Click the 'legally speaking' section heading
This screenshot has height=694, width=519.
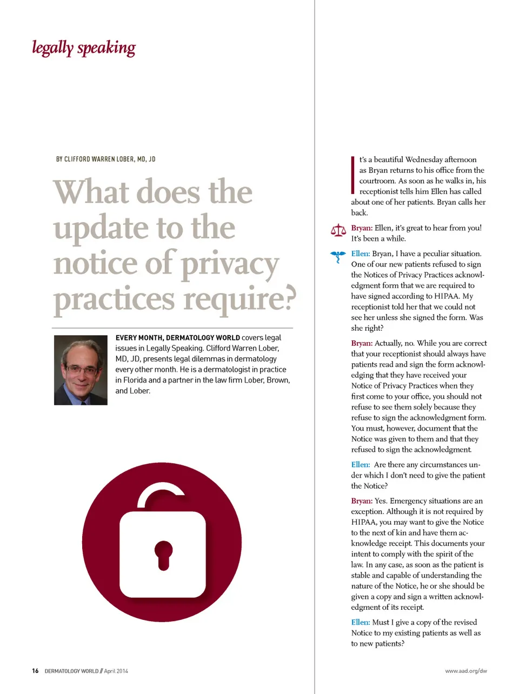pyautogui.click(x=84, y=48)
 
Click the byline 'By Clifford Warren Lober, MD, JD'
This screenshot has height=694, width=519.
pyautogui.click(x=105, y=159)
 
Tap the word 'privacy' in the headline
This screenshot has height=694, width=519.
pyautogui.click(x=230, y=264)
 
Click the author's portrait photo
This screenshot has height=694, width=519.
pyautogui.click(x=81, y=370)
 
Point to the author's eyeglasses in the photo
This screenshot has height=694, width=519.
pyautogui.click(x=81, y=370)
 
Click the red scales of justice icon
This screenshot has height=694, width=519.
pyautogui.click(x=338, y=231)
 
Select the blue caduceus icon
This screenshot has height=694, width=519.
pyautogui.click(x=338, y=256)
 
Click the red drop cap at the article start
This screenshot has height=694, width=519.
pyautogui.click(x=353, y=175)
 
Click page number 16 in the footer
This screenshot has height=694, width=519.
pyautogui.click(x=35, y=671)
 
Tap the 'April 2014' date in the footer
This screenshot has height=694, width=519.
pyautogui.click(x=116, y=671)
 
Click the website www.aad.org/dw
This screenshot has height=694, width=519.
pyautogui.click(x=466, y=671)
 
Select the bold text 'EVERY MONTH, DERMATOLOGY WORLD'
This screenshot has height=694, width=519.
pyautogui.click(x=177, y=338)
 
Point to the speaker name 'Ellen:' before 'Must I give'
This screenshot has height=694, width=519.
pyautogui.click(x=361, y=622)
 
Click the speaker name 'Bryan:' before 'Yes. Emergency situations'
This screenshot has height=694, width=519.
pyautogui.click(x=362, y=501)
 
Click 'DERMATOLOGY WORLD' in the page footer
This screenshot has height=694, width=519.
pyautogui.click(x=71, y=671)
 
